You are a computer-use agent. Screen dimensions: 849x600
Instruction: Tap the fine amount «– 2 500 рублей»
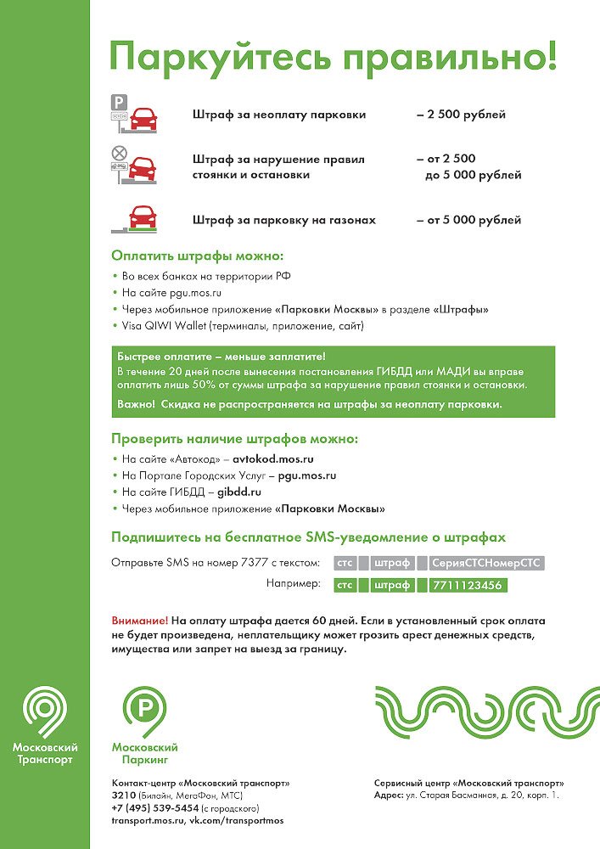(x=461, y=115)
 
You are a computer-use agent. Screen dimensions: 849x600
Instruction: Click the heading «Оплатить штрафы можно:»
(x=197, y=256)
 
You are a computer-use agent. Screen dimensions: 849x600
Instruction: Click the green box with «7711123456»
(x=467, y=585)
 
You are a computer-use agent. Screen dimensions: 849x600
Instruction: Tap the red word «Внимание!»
(x=139, y=621)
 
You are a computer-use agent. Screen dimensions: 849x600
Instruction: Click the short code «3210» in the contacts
(x=124, y=795)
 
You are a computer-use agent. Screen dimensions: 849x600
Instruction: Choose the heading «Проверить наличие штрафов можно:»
(x=234, y=439)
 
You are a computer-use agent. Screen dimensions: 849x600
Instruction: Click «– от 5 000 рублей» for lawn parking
(x=468, y=220)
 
